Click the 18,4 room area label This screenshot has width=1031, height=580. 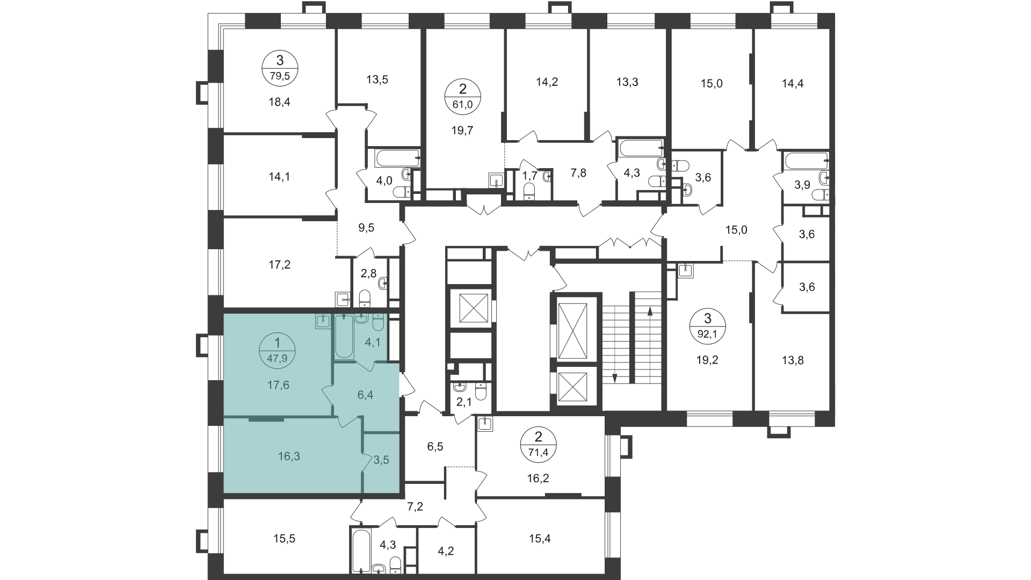(x=279, y=102)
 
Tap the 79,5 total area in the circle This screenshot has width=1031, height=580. (x=280, y=76)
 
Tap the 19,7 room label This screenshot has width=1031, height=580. (x=462, y=130)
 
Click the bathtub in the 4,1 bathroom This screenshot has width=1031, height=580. (x=344, y=337)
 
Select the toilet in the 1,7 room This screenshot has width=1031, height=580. (x=529, y=191)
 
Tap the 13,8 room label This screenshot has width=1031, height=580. (x=793, y=360)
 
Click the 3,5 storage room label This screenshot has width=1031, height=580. (x=381, y=460)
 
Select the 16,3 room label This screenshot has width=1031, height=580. (x=289, y=456)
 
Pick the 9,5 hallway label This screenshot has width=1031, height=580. (x=366, y=228)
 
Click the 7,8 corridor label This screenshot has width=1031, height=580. (x=578, y=173)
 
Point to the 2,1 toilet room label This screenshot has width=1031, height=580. (x=463, y=402)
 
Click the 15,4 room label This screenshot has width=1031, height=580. (x=540, y=539)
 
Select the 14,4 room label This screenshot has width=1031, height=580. (x=793, y=83)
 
